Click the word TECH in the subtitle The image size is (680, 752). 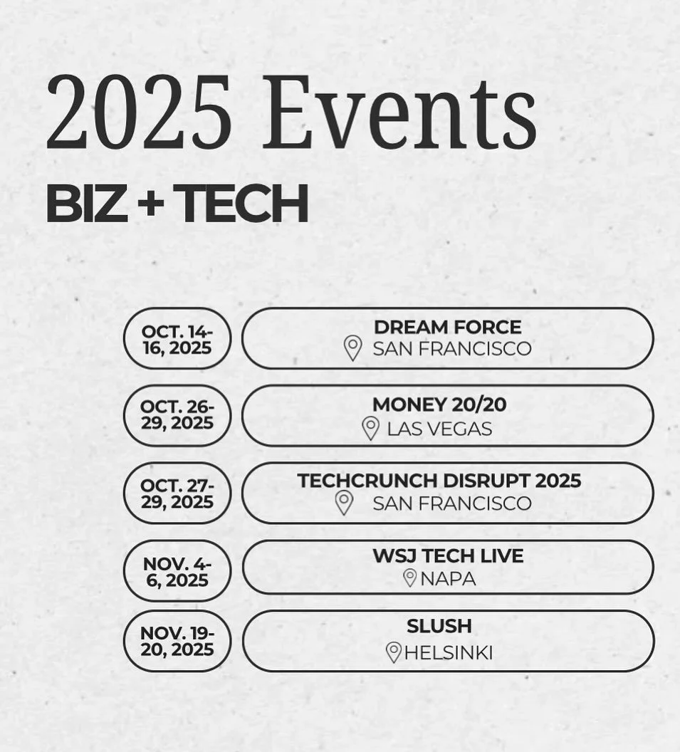click(x=244, y=204)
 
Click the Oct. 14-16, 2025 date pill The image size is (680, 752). click(x=177, y=339)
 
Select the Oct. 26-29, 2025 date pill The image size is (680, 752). click(x=177, y=414)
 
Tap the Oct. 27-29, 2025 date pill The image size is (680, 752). click(x=177, y=493)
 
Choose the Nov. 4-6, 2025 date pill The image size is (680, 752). click(x=177, y=571)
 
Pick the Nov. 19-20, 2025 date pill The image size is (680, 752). click(x=177, y=641)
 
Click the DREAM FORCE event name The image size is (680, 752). click(x=447, y=328)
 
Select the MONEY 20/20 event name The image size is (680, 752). click(x=439, y=404)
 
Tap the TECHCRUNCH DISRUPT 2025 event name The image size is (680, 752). click(x=439, y=481)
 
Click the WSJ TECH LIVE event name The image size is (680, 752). click(x=447, y=555)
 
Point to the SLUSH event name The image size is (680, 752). click(x=439, y=627)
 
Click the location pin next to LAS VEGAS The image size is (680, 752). click(x=370, y=428)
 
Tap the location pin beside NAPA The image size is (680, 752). click(x=409, y=578)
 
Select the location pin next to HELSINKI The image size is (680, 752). click(x=393, y=652)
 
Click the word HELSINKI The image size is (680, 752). click(x=448, y=652)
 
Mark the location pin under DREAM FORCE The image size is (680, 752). click(x=352, y=348)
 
